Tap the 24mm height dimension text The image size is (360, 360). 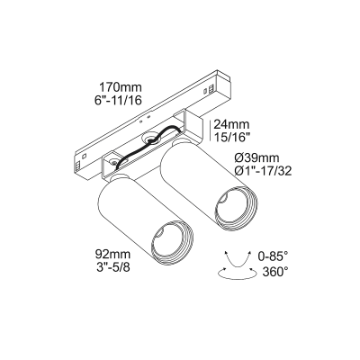(x=229, y=125)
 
